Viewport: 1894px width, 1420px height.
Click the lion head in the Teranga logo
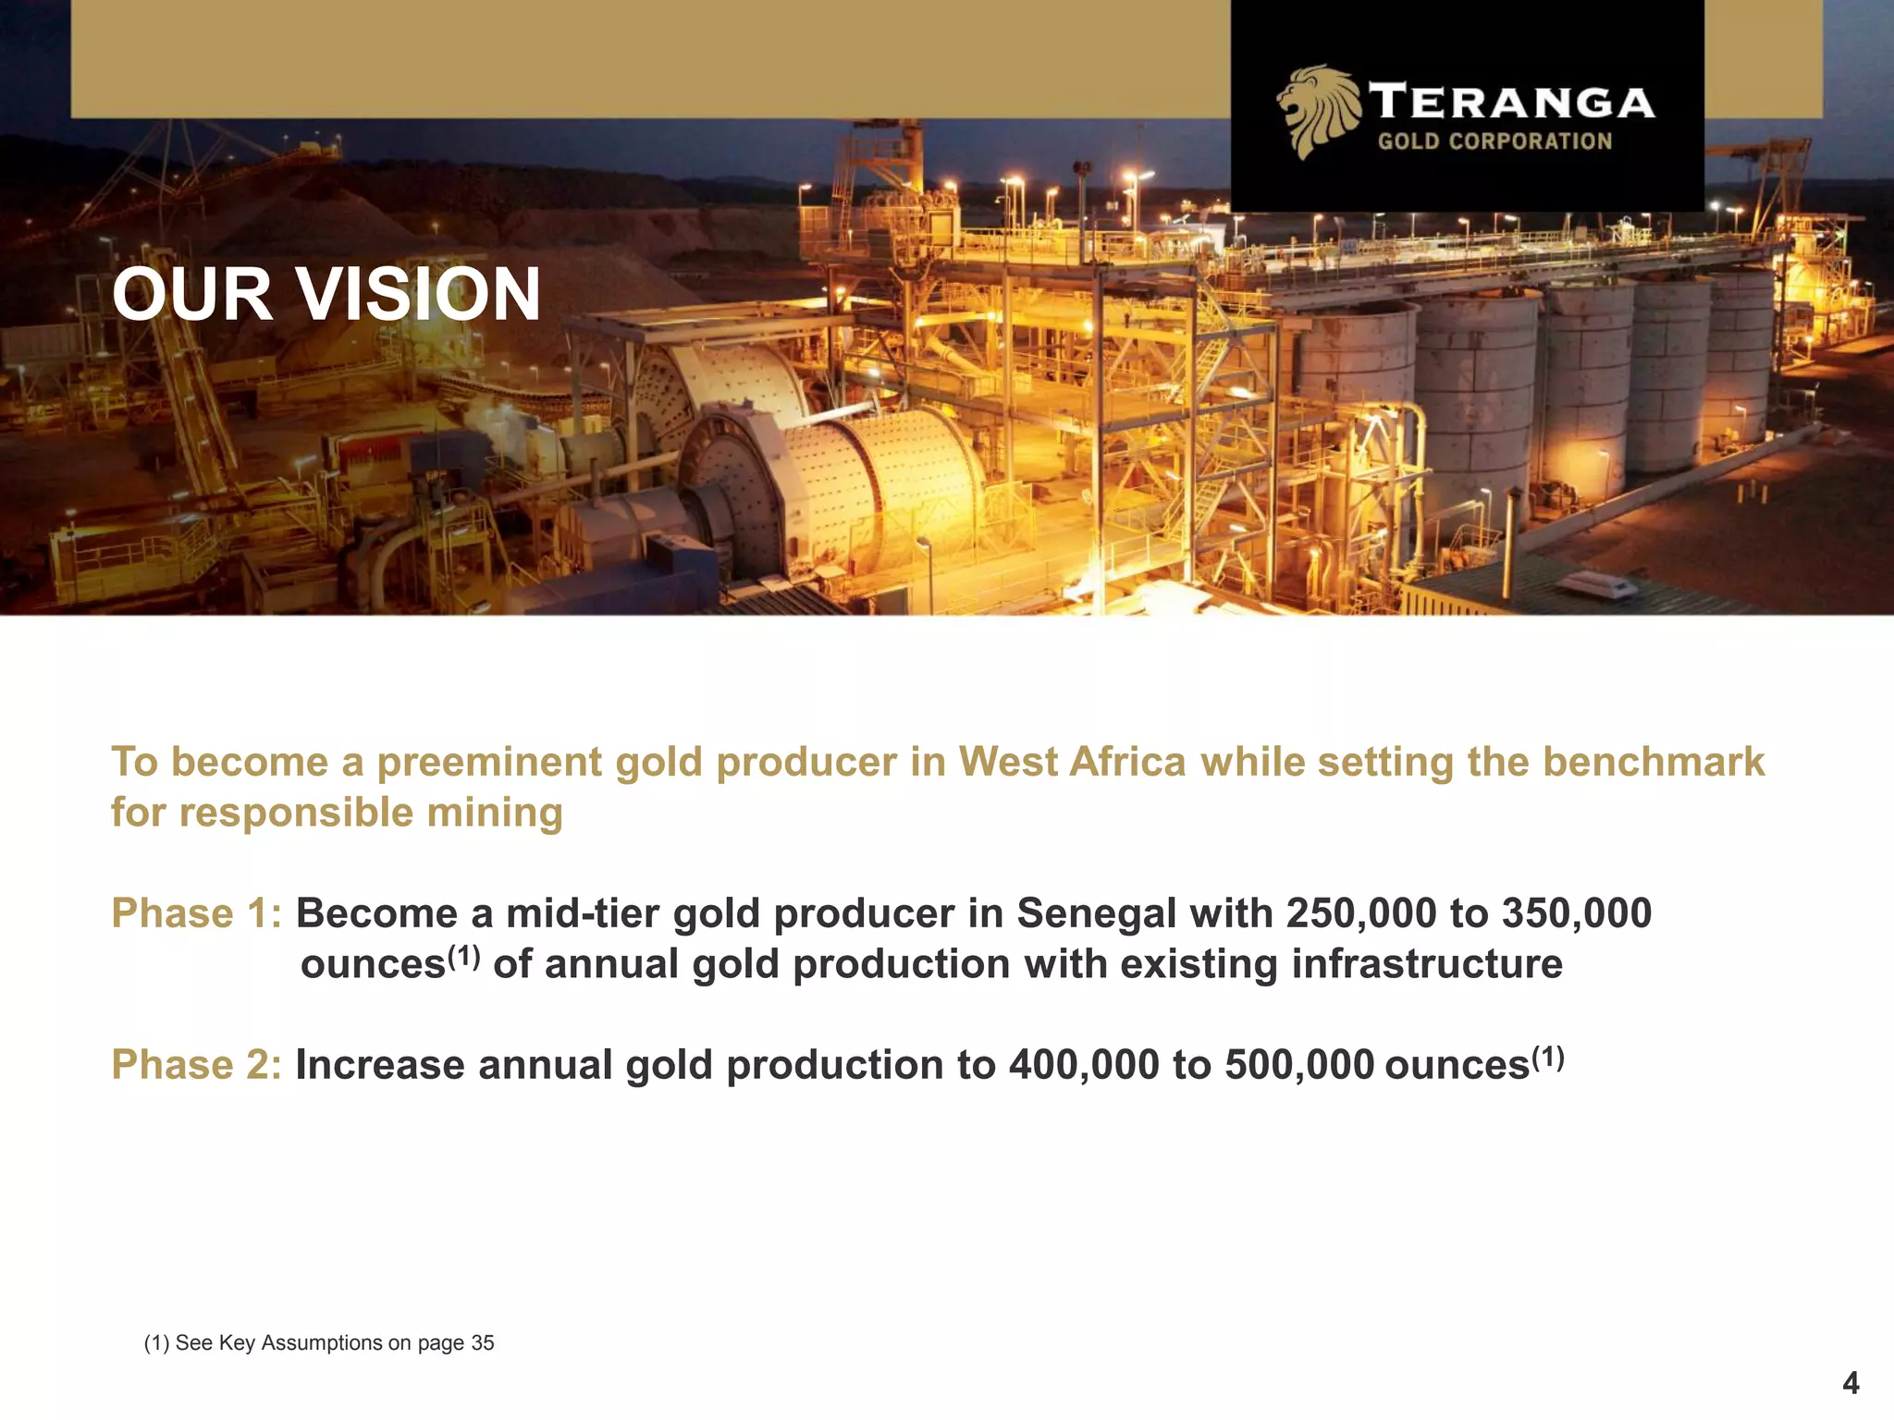(1318, 111)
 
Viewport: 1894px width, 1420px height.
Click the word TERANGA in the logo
(1511, 102)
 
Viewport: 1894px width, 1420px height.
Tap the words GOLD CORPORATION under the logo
(1494, 141)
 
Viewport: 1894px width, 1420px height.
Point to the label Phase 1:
(196, 913)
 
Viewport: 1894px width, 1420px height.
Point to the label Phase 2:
(196, 1065)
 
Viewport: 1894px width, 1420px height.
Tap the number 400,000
(1083, 1065)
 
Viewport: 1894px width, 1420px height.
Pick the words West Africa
(1071, 763)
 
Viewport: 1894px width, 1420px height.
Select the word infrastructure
(1427, 964)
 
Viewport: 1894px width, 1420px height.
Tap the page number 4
(1851, 1383)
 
